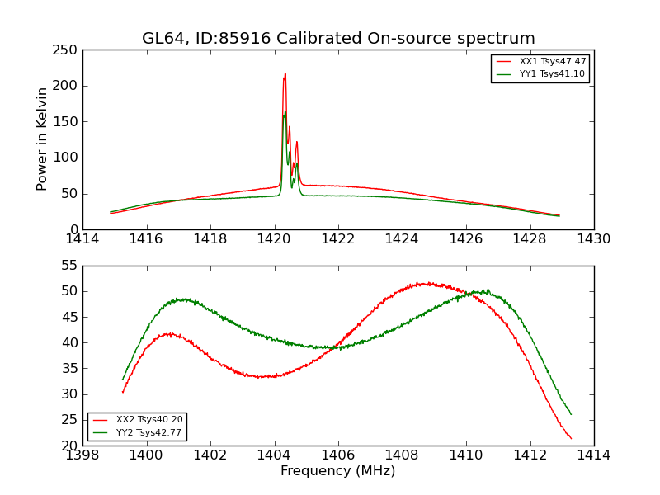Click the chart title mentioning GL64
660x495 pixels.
338,39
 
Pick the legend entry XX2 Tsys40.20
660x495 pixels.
149,420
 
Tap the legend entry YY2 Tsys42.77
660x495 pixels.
149,432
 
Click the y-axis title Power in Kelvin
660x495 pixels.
43,139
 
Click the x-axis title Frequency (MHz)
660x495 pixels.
338,471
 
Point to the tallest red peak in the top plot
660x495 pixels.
285,73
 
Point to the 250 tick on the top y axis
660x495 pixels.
68,50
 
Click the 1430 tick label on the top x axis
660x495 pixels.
594,239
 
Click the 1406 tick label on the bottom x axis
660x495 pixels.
338,455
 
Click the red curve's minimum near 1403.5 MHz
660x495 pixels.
261,377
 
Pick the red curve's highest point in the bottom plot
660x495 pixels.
425,283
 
